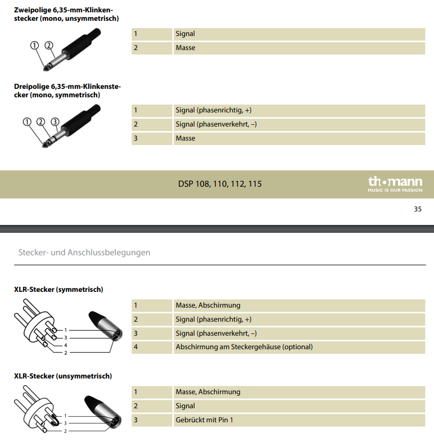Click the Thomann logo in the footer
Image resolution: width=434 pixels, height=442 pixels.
395,183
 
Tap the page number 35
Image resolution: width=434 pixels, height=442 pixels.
417,209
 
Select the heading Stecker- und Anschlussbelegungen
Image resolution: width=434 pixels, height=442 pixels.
84,252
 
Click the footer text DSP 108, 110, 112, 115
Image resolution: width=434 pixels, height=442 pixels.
220,184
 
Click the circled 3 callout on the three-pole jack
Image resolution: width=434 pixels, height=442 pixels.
55,121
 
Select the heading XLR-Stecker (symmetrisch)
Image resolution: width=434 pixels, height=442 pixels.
58,290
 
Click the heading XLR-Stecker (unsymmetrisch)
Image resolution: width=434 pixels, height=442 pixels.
62,376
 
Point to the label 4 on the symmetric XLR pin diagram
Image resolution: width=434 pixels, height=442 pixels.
65,345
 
